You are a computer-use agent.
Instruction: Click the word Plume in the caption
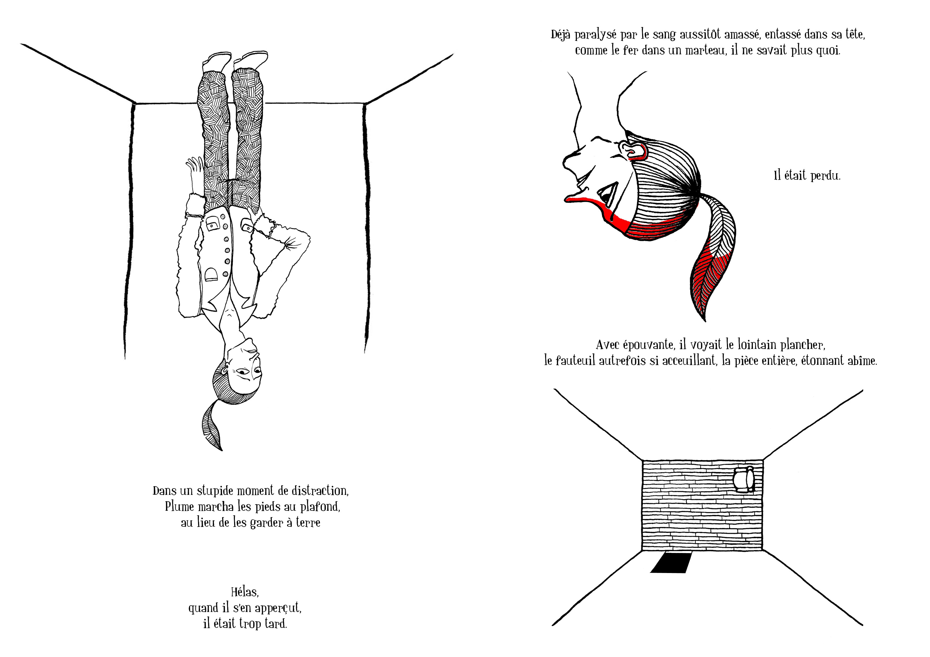point(179,507)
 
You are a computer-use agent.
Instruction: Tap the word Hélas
point(245,592)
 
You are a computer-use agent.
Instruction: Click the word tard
point(276,624)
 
